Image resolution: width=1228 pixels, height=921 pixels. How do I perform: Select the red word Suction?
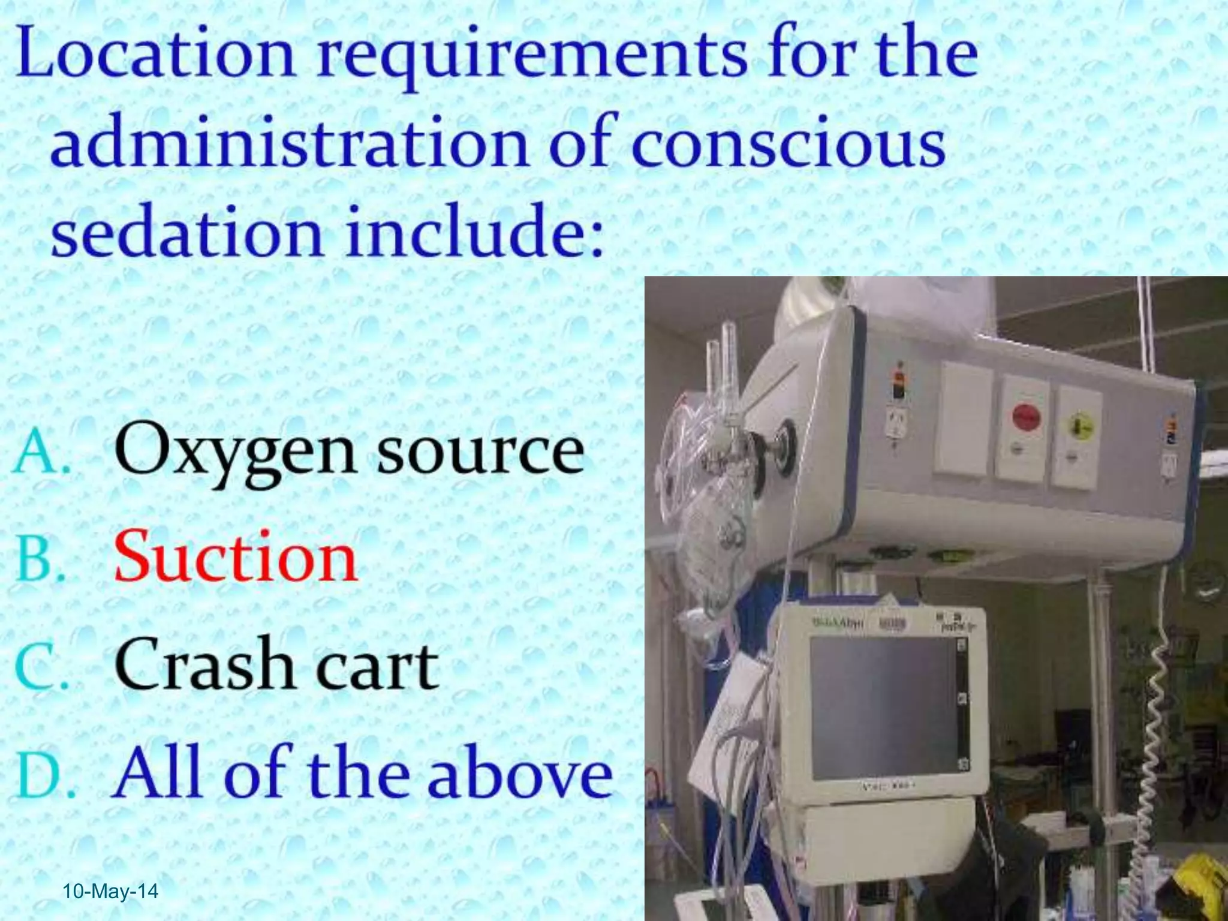click(236, 558)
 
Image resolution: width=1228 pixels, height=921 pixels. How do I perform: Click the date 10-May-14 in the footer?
click(110, 892)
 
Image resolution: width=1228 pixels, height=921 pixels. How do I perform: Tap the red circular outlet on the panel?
click(1026, 416)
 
